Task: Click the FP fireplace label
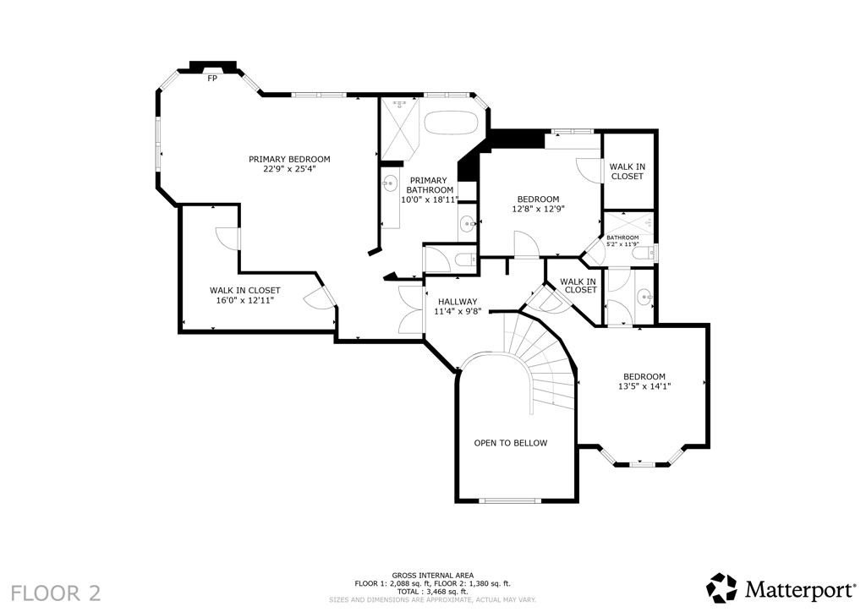tap(212, 79)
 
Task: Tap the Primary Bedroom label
tap(289, 160)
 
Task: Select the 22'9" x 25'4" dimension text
tap(289, 169)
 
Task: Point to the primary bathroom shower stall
tap(399, 128)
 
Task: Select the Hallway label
tap(458, 302)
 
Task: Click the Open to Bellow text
tap(511, 443)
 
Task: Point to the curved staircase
tap(544, 358)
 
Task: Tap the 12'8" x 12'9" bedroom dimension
tap(539, 209)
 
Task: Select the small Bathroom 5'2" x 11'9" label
tap(622, 241)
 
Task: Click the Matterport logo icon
tap(722, 588)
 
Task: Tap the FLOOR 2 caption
tap(56, 593)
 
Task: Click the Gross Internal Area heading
tap(433, 576)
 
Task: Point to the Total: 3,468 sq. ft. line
tap(433, 591)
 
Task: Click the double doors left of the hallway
tap(410, 310)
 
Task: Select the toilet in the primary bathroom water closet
tap(467, 259)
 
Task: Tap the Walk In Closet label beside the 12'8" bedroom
tap(628, 172)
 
